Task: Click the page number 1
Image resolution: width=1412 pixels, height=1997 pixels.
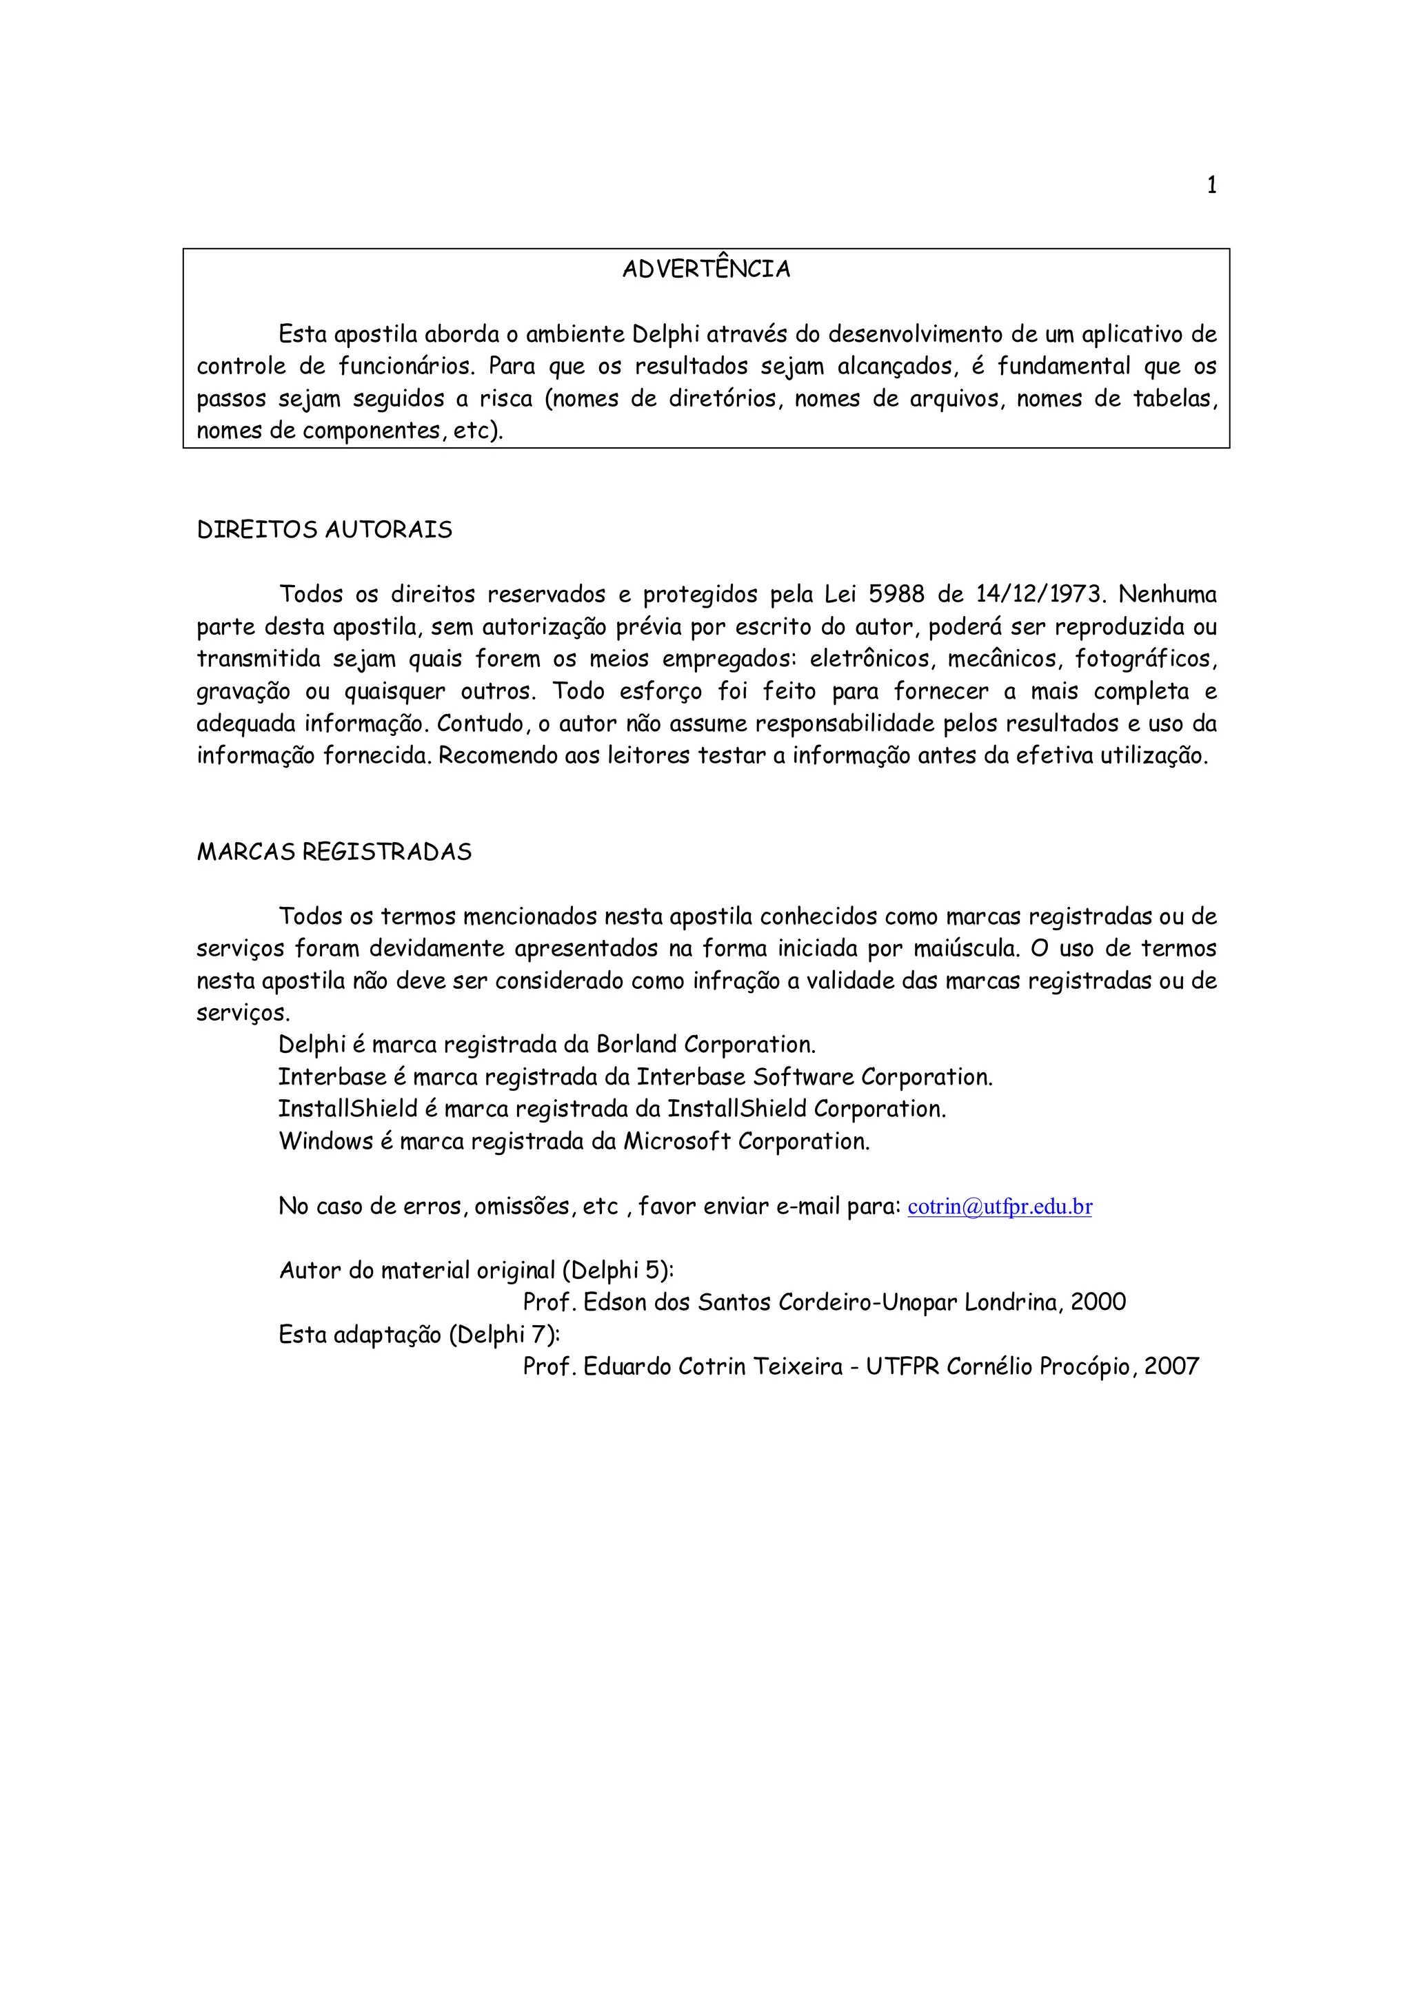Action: (1211, 185)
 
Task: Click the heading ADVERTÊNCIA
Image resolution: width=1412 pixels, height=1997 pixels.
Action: (705, 269)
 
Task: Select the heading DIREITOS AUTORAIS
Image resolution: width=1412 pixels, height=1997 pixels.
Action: (325, 531)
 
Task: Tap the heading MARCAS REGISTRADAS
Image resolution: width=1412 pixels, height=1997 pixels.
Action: (334, 852)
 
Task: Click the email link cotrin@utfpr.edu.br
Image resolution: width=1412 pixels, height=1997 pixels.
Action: (999, 1207)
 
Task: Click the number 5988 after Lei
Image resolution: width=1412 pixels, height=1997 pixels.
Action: (896, 595)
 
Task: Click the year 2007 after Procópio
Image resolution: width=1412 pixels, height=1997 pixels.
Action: (1171, 1366)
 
